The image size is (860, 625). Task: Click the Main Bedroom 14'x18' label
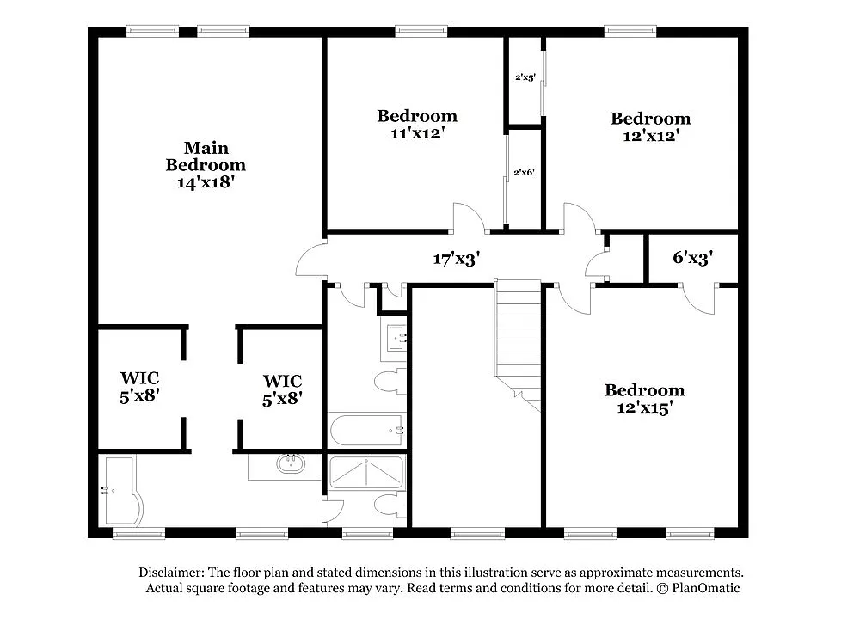click(x=206, y=165)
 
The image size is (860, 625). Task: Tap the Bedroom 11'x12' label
click(x=417, y=125)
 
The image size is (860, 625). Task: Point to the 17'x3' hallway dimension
click(x=456, y=258)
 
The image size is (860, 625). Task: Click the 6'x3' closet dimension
click(x=692, y=257)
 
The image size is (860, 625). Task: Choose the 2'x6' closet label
click(x=524, y=172)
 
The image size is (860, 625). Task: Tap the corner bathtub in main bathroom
click(x=119, y=490)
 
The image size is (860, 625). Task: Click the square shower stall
click(x=366, y=472)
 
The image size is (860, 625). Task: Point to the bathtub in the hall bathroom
click(x=365, y=428)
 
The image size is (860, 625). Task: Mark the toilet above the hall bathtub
click(x=390, y=380)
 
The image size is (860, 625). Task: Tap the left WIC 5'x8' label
click(x=139, y=387)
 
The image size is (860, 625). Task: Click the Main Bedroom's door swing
click(x=311, y=260)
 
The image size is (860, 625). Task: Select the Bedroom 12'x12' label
click(x=650, y=126)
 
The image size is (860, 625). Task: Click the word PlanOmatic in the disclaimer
click(x=704, y=589)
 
